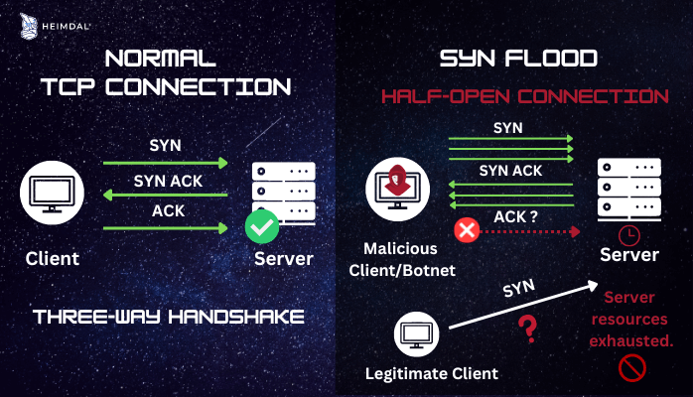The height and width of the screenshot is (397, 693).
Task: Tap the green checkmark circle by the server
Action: (x=262, y=228)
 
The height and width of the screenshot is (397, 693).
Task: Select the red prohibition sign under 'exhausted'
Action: (x=632, y=369)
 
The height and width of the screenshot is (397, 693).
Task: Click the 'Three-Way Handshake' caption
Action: (x=168, y=318)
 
